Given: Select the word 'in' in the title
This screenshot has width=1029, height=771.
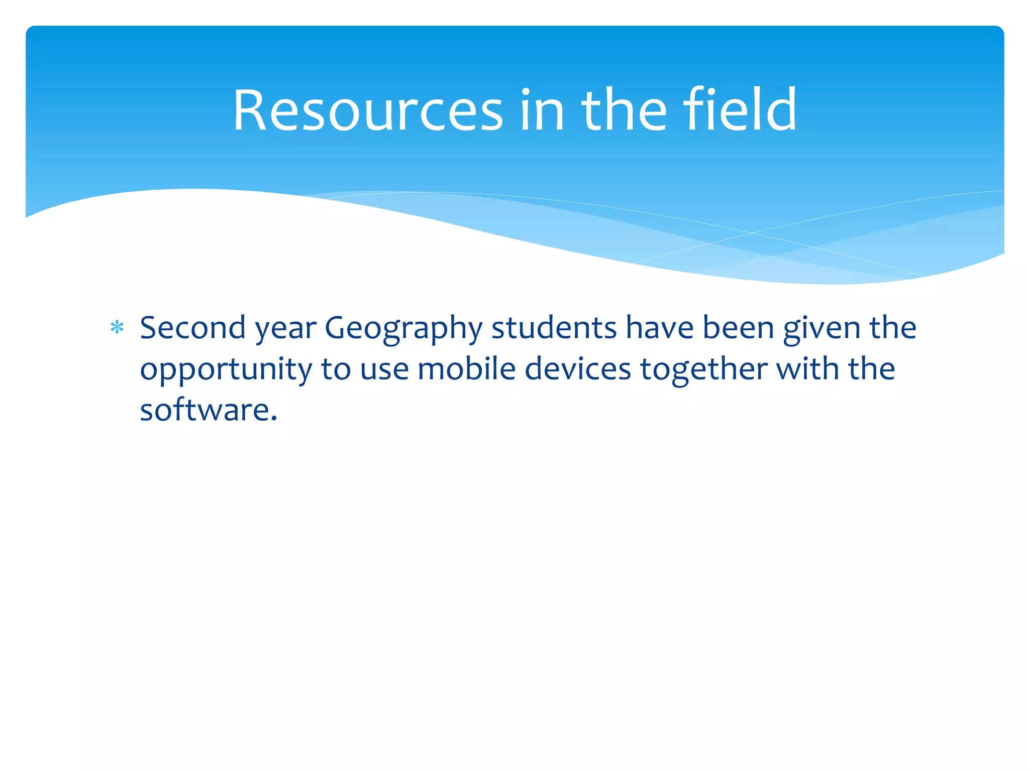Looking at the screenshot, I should coord(542,111).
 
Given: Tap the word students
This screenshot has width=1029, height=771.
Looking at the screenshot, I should coord(554,328).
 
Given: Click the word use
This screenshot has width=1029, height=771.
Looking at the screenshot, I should coord(384,370).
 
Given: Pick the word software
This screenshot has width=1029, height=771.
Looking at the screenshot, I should coord(205,410).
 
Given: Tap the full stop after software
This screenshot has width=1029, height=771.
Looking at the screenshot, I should coord(274,419).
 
